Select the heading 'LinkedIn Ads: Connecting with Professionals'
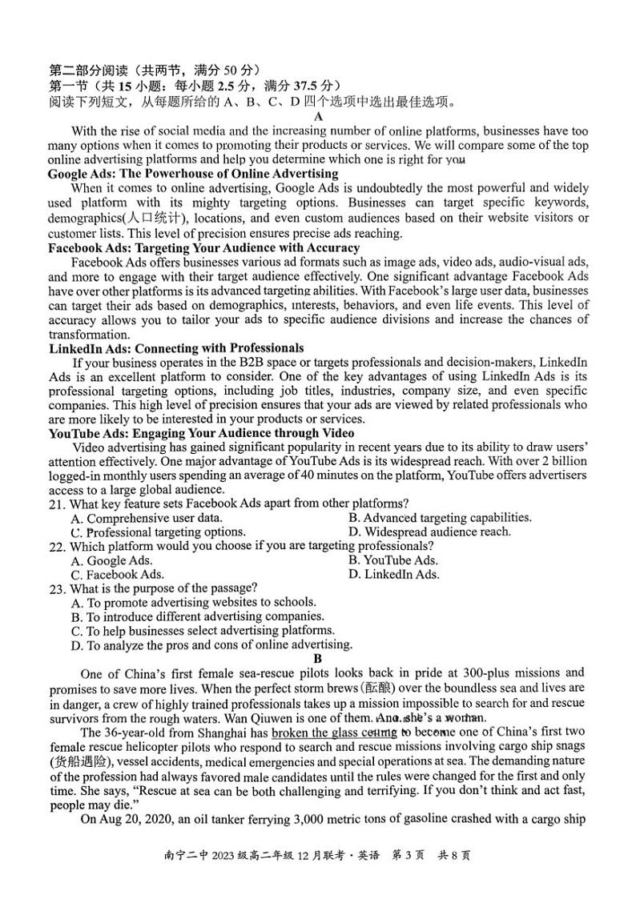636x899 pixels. point(176,348)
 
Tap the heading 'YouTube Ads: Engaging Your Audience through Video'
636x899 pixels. point(201,433)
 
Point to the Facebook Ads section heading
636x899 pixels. point(203,247)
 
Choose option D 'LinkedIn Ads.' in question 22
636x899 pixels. point(393,575)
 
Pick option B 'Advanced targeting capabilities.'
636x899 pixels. point(440,518)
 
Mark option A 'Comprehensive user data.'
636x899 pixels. point(147,518)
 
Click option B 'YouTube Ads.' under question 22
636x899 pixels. point(393,560)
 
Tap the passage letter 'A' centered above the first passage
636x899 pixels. point(318,117)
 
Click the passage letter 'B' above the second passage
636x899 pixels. point(317,659)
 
